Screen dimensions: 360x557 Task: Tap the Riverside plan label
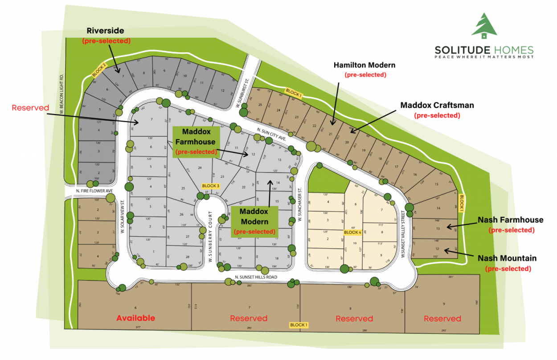[106, 31]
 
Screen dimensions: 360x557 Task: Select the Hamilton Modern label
[365, 65]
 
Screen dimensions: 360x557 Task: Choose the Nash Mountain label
[507, 258]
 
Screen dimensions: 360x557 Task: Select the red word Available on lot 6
[135, 318]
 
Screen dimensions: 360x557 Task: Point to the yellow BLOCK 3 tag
[211, 186]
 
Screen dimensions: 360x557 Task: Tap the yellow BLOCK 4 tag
[352, 232]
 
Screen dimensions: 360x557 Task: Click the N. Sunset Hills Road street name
[256, 277]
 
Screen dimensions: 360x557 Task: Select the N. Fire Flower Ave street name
[94, 191]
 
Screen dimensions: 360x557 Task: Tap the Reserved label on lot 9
[442, 319]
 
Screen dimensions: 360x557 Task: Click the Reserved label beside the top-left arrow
[30, 108]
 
